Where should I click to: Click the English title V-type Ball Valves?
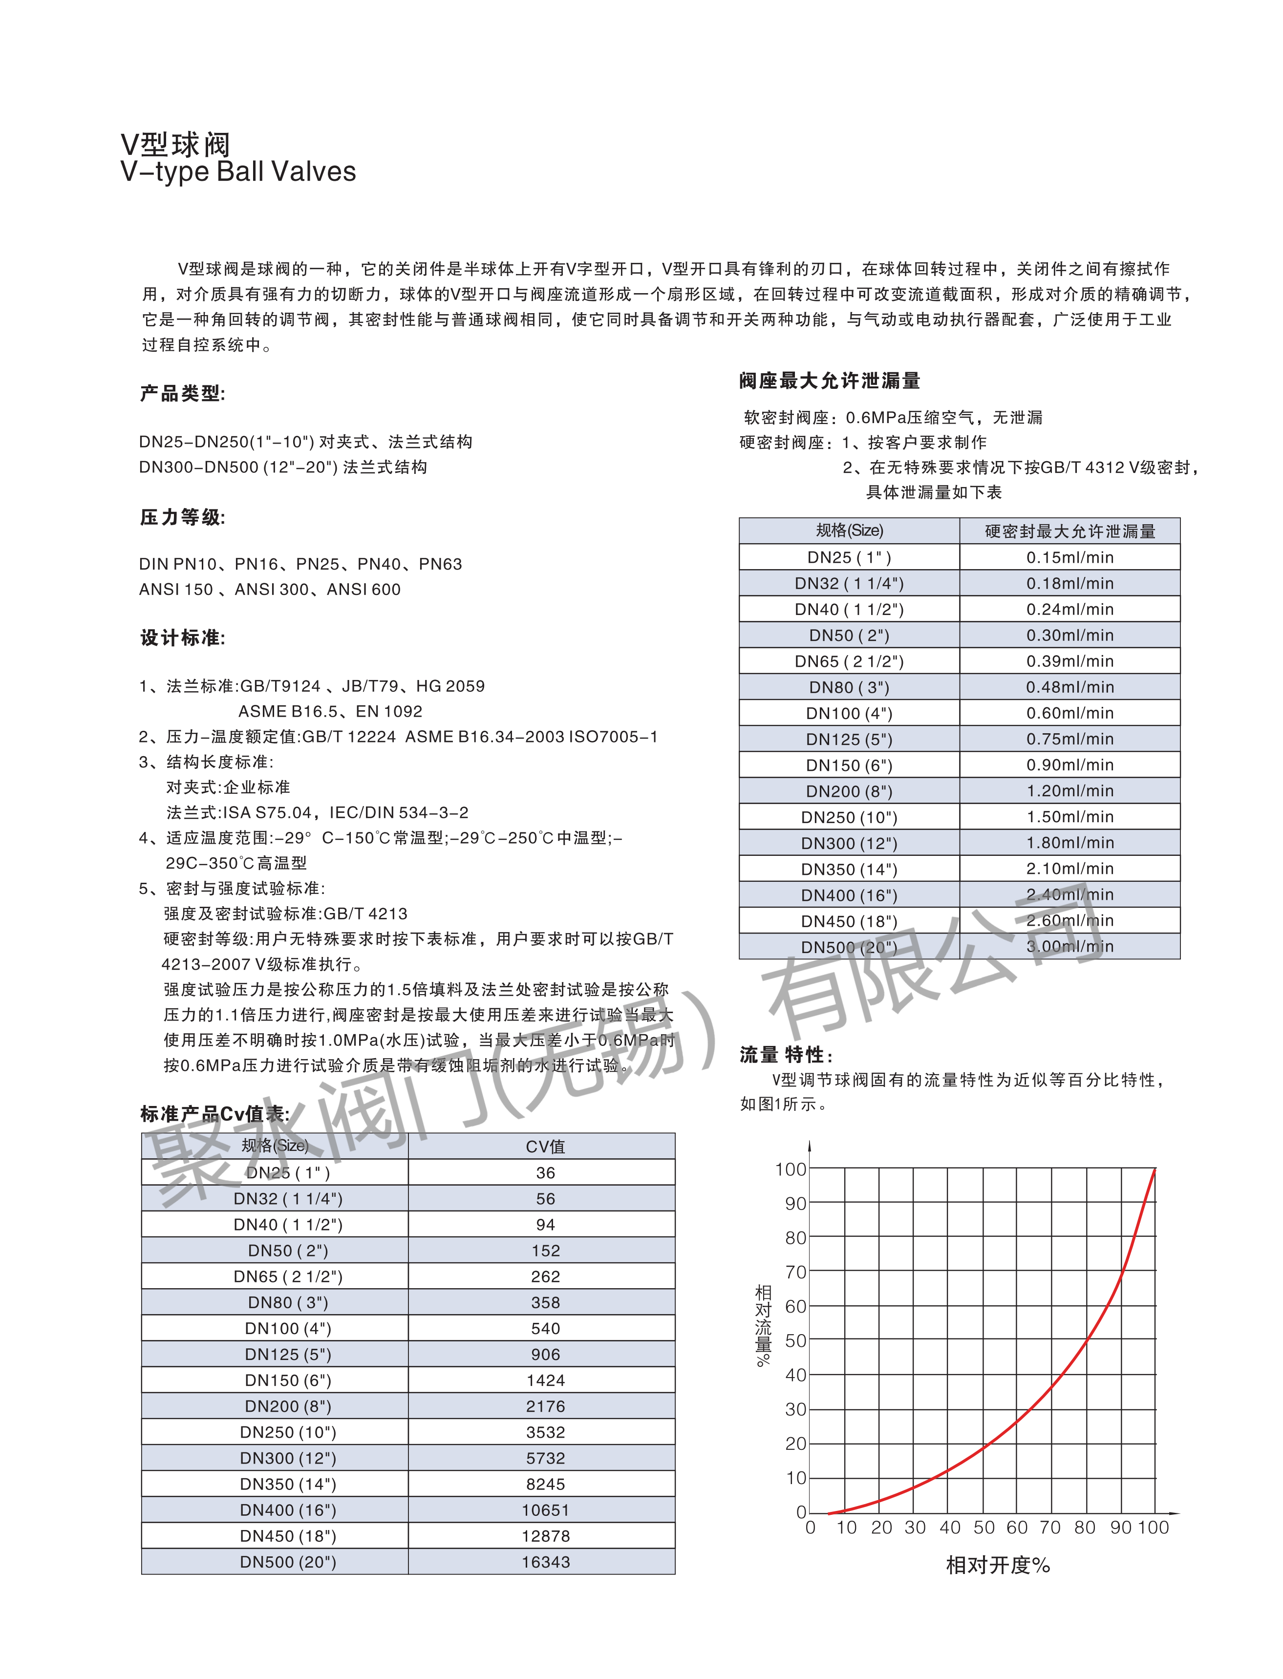[238, 172]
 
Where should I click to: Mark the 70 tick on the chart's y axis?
[796, 1272]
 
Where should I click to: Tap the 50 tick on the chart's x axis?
[984, 1527]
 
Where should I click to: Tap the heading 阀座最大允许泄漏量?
[830, 381]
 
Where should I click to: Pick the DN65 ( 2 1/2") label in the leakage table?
[849, 661]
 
